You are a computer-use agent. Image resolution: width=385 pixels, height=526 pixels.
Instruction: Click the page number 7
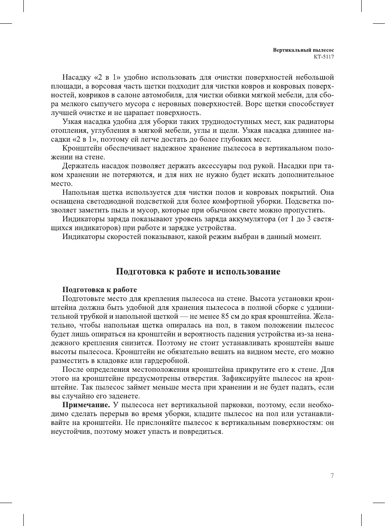click(x=332, y=476)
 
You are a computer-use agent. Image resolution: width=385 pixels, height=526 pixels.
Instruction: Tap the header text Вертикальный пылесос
click(x=303, y=50)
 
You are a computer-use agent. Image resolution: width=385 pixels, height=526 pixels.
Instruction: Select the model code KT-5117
click(x=324, y=57)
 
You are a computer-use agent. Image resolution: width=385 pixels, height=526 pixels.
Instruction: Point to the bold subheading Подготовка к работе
click(x=99, y=290)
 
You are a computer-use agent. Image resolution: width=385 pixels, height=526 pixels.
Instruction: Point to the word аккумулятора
click(x=253, y=219)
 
